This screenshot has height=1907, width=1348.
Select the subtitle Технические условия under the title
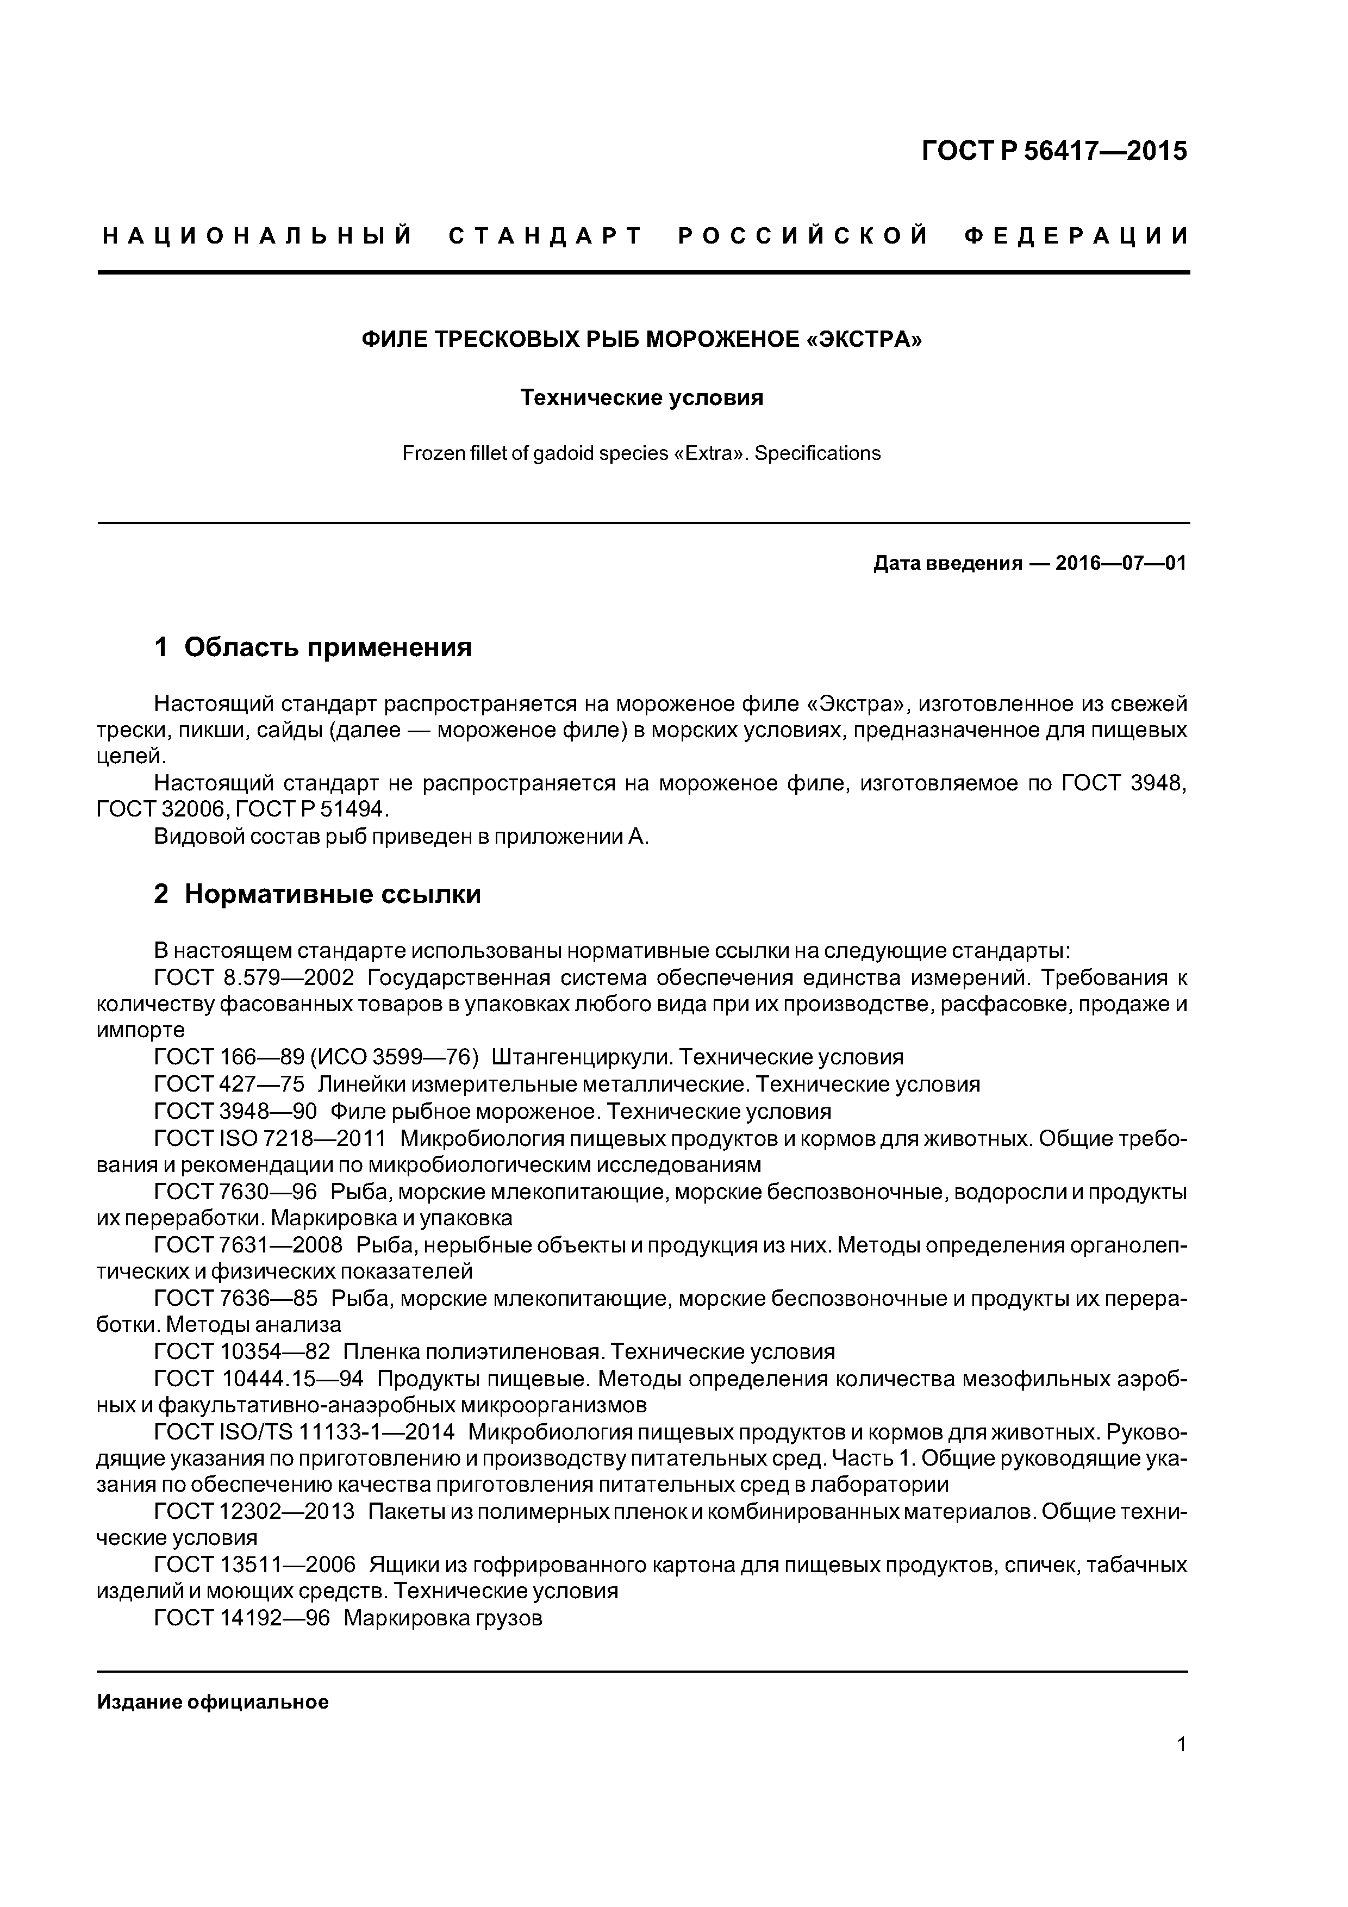pos(641,398)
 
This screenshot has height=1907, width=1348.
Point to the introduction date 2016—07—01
pos(1120,563)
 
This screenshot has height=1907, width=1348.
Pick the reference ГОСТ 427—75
pos(229,1084)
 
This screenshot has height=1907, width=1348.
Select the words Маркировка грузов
pos(442,1618)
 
